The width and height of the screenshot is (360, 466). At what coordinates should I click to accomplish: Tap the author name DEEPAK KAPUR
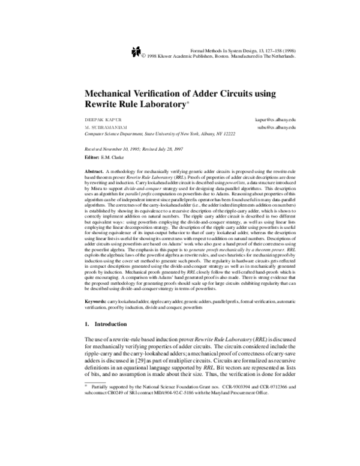[x=98, y=120]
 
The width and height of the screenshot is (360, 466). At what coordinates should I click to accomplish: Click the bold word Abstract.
[x=95, y=172]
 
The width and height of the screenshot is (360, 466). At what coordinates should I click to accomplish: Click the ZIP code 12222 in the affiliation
[x=244, y=136]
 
